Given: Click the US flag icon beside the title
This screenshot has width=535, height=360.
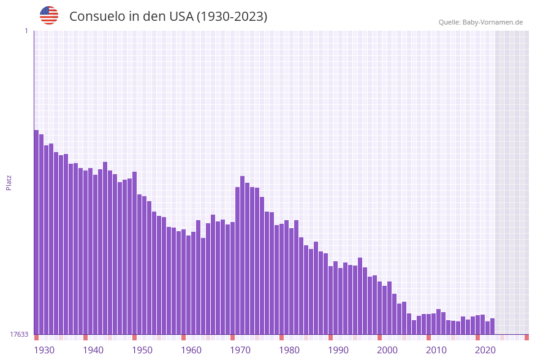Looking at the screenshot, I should coord(49,15).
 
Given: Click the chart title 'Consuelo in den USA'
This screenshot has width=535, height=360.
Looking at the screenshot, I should coord(168,17).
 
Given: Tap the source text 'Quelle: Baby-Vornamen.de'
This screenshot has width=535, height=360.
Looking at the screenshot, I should coord(480,23).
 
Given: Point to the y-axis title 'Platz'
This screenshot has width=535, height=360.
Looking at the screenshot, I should coord(9,182).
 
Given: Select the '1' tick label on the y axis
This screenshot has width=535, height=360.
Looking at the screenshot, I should coord(26,31).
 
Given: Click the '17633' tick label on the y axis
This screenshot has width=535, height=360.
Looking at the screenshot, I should coord(18,334).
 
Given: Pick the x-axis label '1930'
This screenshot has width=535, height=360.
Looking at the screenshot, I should coord(44,350).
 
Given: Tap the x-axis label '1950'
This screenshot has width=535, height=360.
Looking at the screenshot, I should coord(142,350).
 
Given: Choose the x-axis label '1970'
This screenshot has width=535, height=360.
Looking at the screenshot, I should coord(240,350).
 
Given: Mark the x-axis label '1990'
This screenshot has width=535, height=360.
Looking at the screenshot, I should coord(338,350).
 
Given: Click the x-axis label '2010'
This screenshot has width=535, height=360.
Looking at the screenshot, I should coord(436,350).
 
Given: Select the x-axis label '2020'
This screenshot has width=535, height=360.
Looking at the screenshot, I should coord(485,350).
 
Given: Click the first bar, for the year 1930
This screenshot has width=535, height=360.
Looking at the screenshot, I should coord(36,233).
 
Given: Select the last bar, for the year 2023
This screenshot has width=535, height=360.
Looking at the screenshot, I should coord(492,326).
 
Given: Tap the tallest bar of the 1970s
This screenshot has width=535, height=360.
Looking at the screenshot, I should coord(242,255).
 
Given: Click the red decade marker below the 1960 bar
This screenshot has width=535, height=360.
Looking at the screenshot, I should coord(183,337).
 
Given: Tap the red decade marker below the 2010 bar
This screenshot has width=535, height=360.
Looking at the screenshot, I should coord(428,337).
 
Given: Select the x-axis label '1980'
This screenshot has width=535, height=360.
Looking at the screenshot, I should coord(289,350).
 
